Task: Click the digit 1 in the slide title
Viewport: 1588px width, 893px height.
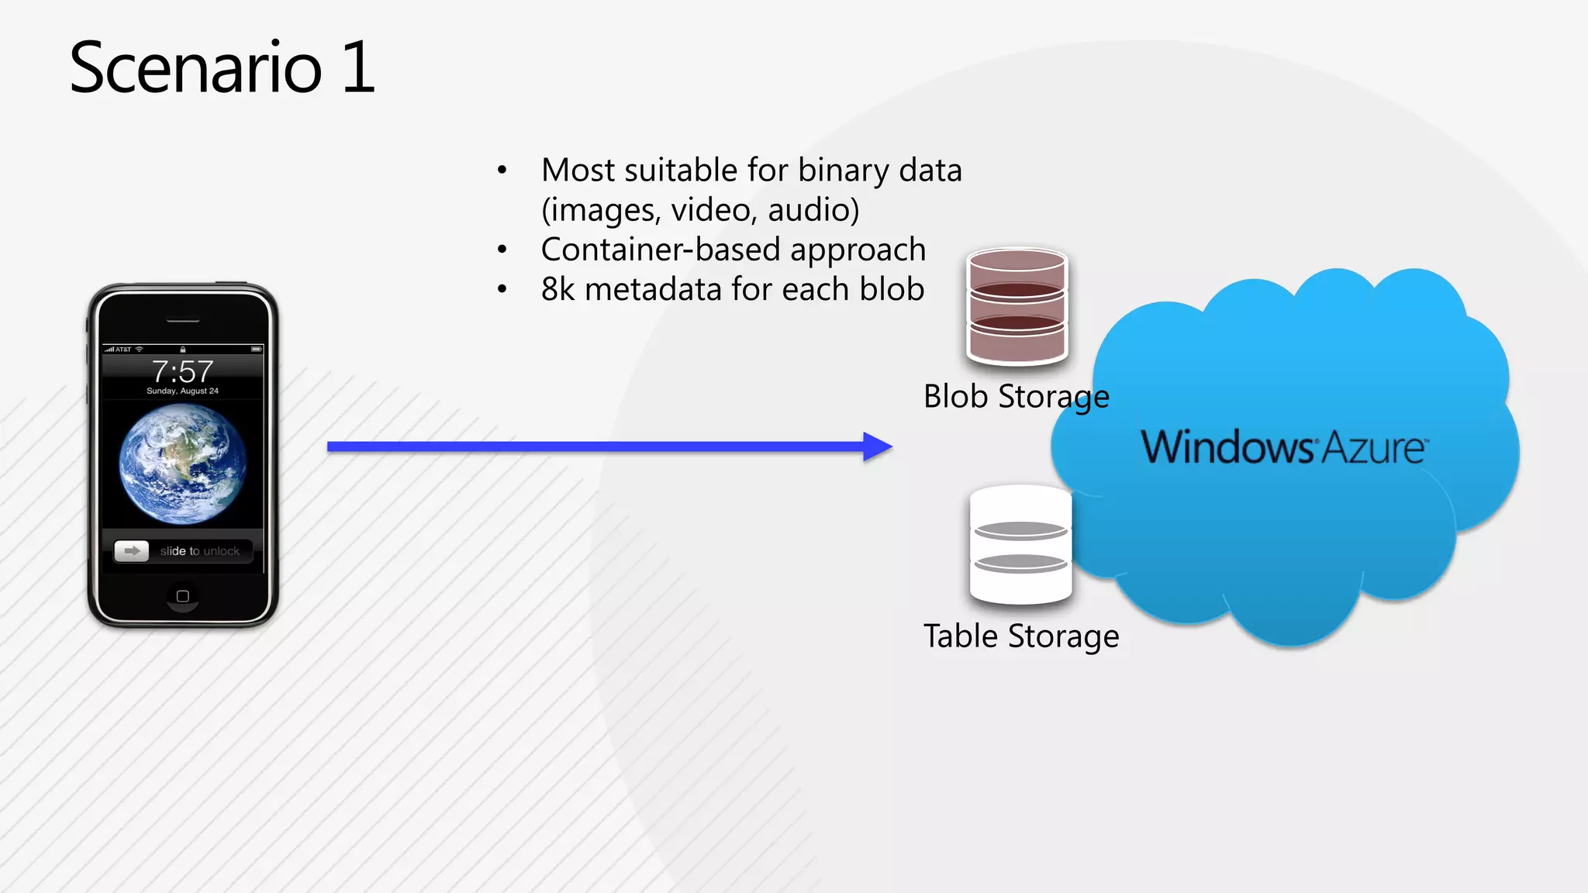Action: pos(358,68)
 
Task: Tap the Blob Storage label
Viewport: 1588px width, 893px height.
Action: pos(1016,397)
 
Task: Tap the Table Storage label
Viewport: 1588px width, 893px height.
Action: pos(1020,636)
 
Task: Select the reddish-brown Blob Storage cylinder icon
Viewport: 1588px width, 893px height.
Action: pos(1017,306)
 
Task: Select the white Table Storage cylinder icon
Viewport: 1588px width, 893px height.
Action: pos(1020,544)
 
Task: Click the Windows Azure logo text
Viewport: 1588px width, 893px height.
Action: pos(1283,447)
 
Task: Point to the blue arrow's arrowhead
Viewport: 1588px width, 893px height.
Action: pos(878,446)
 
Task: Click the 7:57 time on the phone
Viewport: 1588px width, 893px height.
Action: pos(182,371)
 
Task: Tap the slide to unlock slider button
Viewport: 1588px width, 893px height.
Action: pos(132,550)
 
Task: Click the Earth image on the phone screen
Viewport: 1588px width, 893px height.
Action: pos(183,464)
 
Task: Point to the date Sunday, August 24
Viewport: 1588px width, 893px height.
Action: pos(182,391)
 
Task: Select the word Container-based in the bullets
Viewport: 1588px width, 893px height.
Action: pos(660,250)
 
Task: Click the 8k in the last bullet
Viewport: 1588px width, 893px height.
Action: pos(558,289)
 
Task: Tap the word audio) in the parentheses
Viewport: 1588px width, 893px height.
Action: pos(813,210)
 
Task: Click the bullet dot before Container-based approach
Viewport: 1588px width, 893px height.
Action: pos(502,250)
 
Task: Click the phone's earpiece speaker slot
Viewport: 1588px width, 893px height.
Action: pos(183,320)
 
